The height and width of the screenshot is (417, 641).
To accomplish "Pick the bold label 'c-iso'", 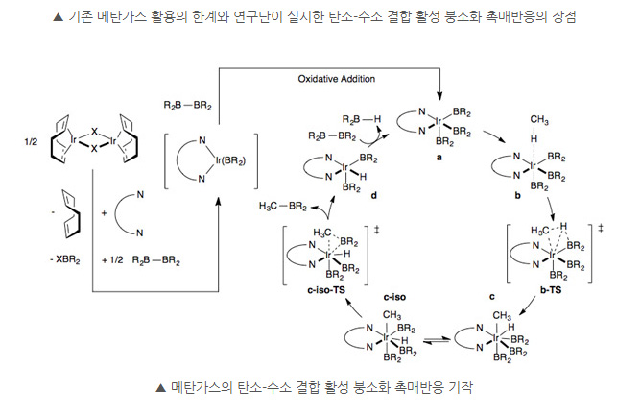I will click(397, 297).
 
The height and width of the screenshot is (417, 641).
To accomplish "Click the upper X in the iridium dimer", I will click(95, 128).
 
